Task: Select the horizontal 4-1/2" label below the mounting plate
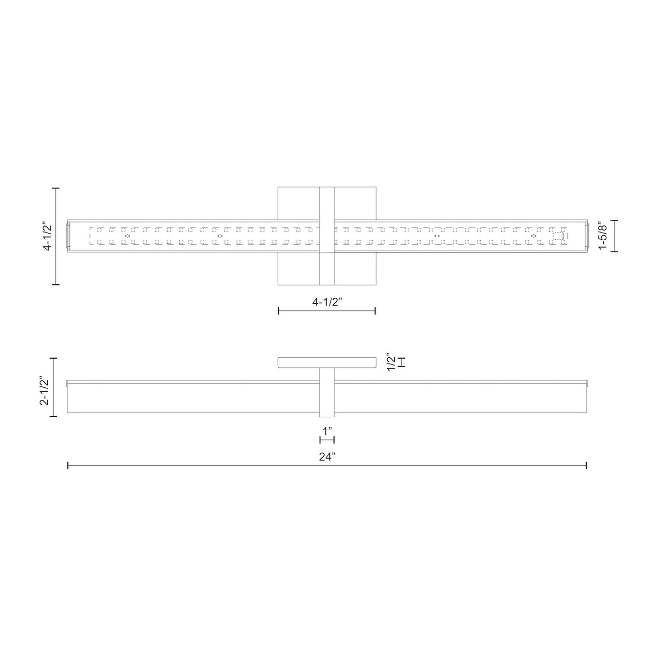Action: (327, 302)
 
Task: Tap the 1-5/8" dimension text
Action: (602, 236)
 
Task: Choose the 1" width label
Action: (327, 429)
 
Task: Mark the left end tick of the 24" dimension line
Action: (68, 465)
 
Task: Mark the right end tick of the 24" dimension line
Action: (587, 465)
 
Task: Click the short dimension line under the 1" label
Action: (327, 439)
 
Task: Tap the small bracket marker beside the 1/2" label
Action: (401, 362)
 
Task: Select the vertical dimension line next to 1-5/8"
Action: (615, 236)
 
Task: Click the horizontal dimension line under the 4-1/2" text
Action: (327, 311)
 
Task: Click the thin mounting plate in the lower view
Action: (327, 362)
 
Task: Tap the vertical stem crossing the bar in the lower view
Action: (327, 393)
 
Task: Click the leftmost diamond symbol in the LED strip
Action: (128, 236)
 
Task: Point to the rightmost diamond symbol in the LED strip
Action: (533, 236)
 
